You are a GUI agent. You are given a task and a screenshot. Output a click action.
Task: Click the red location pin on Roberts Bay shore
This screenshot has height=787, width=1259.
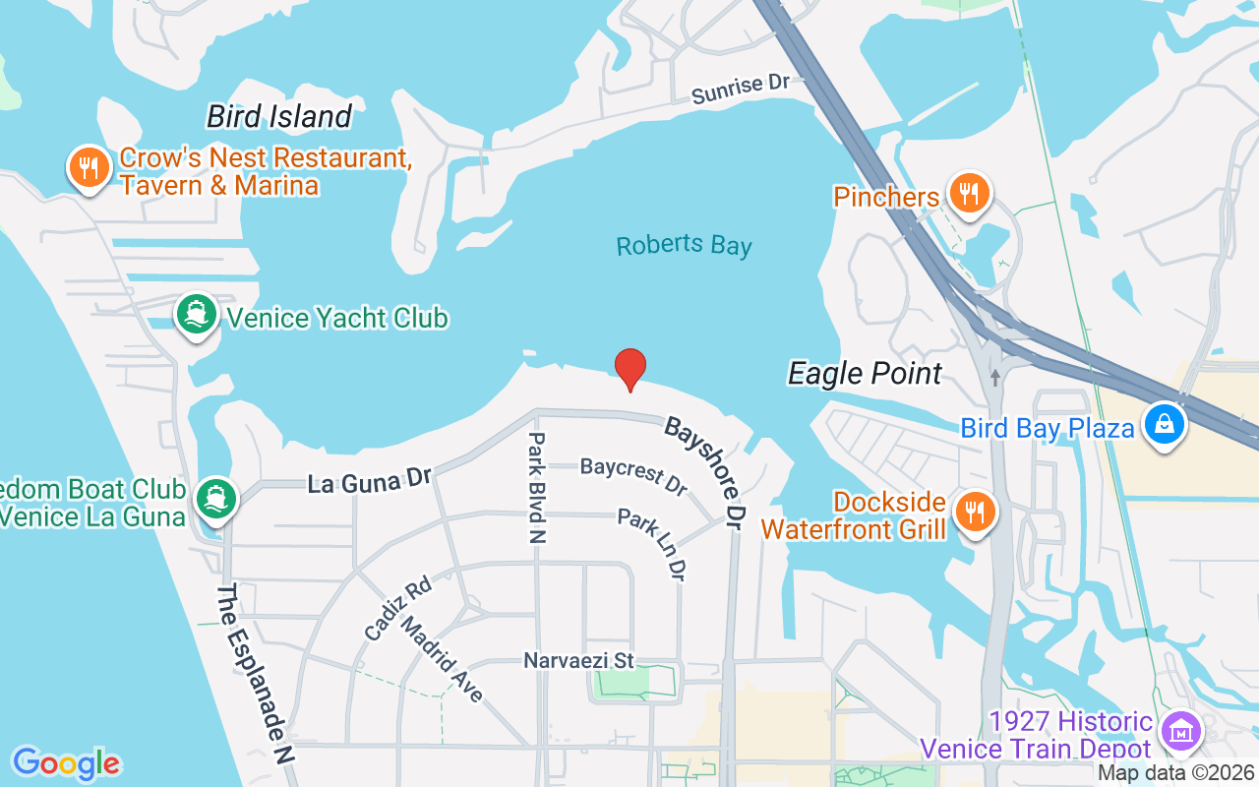pyautogui.click(x=630, y=369)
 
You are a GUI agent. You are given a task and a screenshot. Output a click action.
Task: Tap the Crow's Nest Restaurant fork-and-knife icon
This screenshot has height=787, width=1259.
pyautogui.click(x=89, y=168)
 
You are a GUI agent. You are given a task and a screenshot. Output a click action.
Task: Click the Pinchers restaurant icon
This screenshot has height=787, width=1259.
pyautogui.click(x=970, y=194)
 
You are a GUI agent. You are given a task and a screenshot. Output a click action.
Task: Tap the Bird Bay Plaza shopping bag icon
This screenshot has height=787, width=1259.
pyautogui.click(x=1164, y=424)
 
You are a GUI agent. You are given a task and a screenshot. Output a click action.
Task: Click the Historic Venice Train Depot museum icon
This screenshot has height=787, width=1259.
pyautogui.click(x=1180, y=731)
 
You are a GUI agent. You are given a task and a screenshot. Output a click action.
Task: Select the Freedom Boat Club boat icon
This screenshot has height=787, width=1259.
pyautogui.click(x=215, y=498)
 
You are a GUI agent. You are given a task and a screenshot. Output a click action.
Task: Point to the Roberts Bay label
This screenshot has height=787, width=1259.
pyautogui.click(x=684, y=245)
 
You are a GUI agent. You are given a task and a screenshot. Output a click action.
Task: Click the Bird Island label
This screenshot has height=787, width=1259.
pyautogui.click(x=278, y=117)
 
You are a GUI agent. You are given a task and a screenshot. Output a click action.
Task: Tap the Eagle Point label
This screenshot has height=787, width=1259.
pyautogui.click(x=865, y=374)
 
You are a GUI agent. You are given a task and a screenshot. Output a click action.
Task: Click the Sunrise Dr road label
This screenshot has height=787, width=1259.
pyautogui.click(x=741, y=89)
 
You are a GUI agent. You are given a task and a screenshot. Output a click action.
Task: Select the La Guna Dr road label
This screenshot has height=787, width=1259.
pyautogui.click(x=370, y=482)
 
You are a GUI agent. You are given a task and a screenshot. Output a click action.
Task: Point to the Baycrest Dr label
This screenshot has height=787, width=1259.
pyautogui.click(x=632, y=476)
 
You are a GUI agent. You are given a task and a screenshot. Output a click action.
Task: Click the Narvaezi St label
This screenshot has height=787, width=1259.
pyautogui.click(x=579, y=660)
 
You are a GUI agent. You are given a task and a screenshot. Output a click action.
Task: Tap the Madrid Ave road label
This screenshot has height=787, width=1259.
pyautogui.click(x=444, y=660)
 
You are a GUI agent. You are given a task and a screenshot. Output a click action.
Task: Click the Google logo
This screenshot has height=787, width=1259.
pyautogui.click(x=66, y=762)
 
